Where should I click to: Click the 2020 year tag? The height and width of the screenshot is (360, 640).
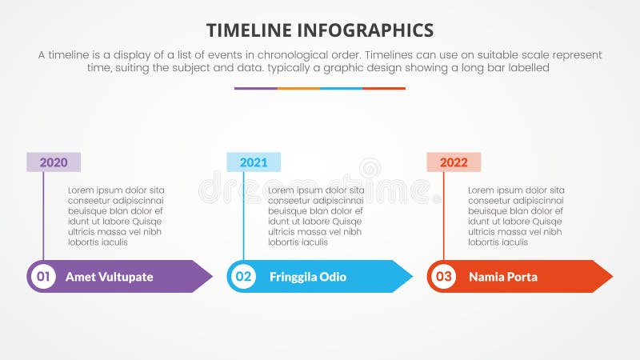(54, 162)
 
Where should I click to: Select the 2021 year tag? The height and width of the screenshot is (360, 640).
(254, 162)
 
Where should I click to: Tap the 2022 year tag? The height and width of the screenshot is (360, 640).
(454, 162)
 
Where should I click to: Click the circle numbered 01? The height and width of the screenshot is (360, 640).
(43, 277)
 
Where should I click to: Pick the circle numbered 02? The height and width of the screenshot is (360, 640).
(243, 277)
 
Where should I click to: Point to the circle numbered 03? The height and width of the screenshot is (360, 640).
(443, 277)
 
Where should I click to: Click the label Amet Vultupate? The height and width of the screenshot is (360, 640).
(109, 277)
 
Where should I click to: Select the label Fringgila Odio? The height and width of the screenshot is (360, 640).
(308, 277)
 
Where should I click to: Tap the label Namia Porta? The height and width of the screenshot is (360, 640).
(503, 277)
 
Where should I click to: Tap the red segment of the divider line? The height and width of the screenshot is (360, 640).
(384, 88)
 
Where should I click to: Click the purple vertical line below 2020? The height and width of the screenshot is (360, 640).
(44, 216)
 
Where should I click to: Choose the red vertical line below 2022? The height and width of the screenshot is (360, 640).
(444, 216)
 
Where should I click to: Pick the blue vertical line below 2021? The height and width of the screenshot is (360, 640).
(244, 216)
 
